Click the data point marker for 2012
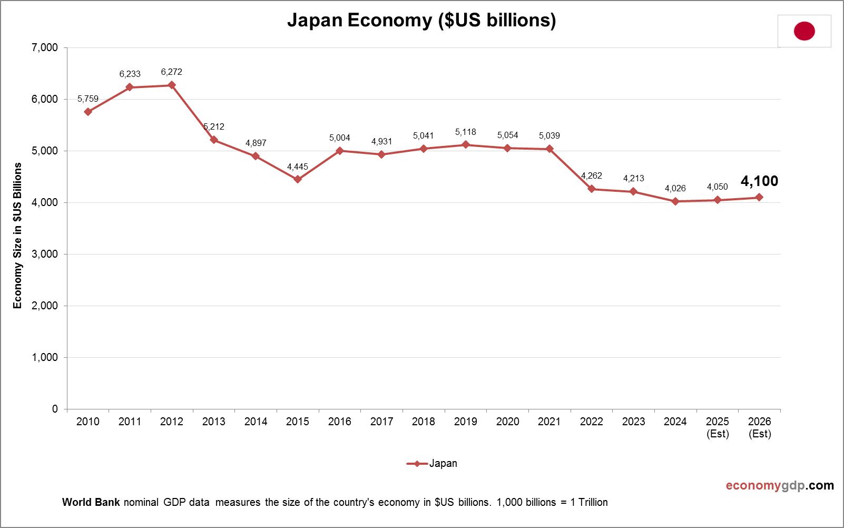(172, 85)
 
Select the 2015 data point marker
(298, 179)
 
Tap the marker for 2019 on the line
(466, 145)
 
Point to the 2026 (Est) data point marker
(759, 197)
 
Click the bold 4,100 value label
(759, 181)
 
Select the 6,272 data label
(172, 72)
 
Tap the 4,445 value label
(298, 167)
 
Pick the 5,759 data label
(88, 99)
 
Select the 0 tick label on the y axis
(55, 409)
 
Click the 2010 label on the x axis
(88, 422)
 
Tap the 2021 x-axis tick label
(549, 422)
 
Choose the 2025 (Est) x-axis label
(718, 427)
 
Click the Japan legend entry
(433, 464)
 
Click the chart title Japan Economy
(421, 20)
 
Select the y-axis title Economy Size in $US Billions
(18, 236)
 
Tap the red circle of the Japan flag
(804, 31)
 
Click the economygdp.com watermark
(780, 485)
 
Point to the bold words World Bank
(92, 502)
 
